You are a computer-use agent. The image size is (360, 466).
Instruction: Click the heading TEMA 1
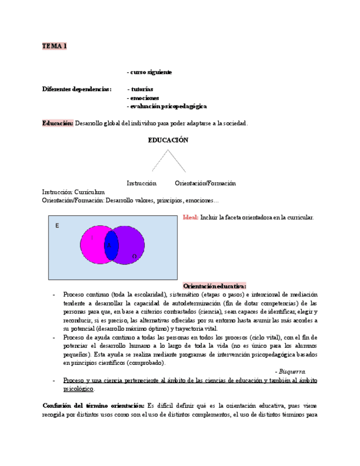54,46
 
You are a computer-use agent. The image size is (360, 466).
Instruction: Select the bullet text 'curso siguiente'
151,72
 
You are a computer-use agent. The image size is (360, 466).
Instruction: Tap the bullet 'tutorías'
142,89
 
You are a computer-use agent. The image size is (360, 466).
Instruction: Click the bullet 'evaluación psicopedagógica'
168,106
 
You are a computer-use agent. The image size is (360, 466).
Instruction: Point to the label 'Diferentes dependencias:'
76,89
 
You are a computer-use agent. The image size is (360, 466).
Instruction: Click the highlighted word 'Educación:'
58,123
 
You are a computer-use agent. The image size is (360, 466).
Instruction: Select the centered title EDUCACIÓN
168,140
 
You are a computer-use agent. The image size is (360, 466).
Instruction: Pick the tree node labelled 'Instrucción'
141,183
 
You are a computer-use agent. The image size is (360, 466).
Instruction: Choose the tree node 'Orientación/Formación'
205,183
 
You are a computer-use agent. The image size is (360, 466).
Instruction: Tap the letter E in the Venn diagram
58,226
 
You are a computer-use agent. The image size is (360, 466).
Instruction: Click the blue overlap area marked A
112,245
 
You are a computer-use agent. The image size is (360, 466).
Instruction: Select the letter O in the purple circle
134,256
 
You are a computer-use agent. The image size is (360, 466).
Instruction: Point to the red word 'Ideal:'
190,218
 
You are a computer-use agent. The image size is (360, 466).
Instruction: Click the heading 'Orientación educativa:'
214,286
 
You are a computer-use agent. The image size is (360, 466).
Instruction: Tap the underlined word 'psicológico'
78,389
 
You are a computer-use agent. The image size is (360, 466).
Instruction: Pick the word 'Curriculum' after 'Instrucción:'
90,192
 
